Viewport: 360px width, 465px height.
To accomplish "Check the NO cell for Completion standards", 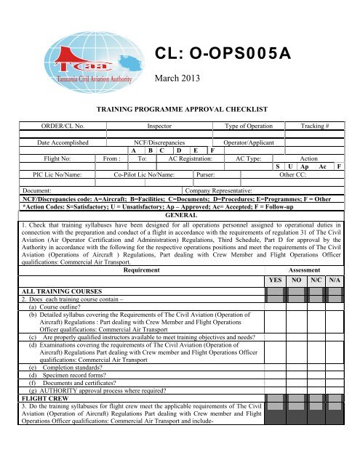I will [x=296, y=387].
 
